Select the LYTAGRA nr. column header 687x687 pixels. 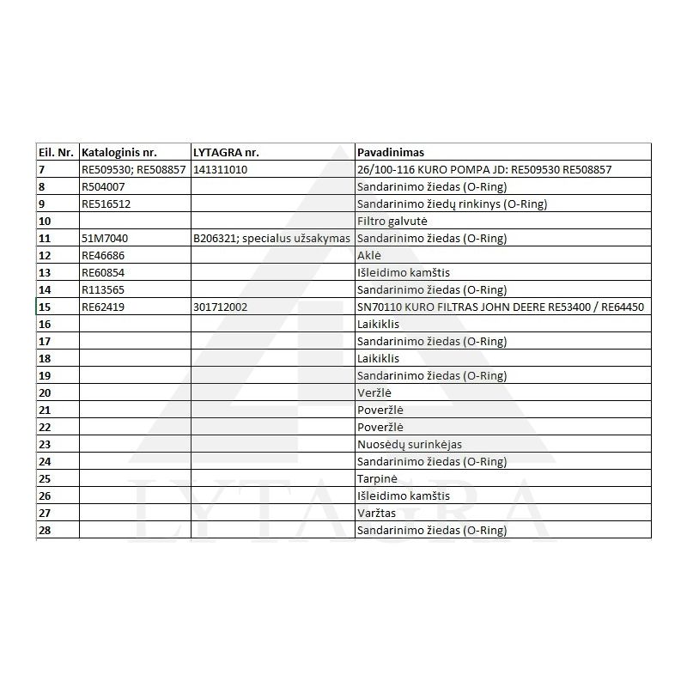(227, 152)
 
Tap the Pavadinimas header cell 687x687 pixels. (390, 152)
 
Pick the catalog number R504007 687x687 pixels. (104, 186)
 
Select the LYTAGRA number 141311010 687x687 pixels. (221, 169)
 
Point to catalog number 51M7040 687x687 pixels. (105, 238)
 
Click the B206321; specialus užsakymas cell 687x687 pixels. (272, 238)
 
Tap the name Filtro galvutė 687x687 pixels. (392, 221)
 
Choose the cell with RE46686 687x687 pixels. (104, 255)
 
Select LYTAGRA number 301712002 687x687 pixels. (221, 307)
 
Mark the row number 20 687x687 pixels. (46, 392)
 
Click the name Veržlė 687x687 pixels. (374, 392)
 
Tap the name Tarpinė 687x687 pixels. (376, 478)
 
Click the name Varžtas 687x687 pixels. (375, 513)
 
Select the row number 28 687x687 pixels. (46, 530)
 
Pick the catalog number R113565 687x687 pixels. (104, 289)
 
